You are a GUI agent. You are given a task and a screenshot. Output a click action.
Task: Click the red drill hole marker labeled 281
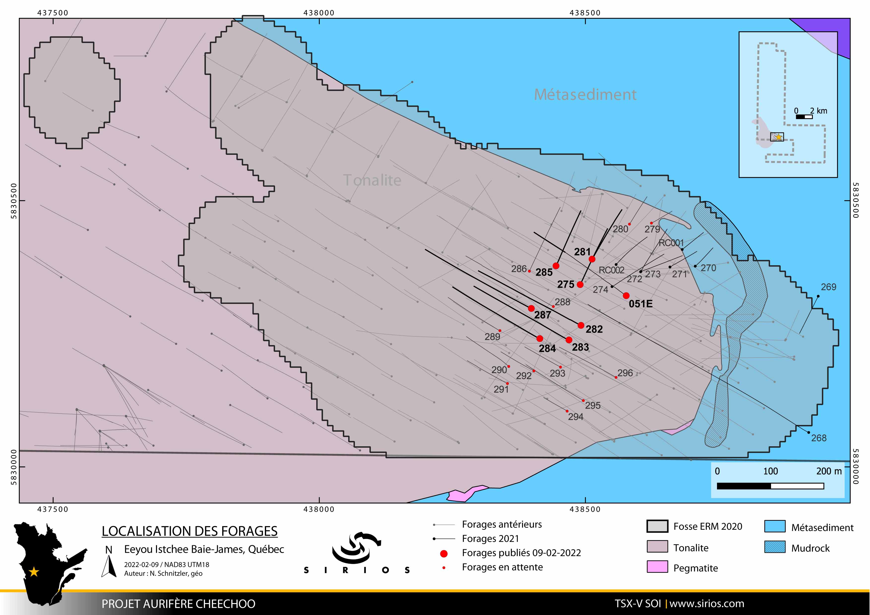coord(592,259)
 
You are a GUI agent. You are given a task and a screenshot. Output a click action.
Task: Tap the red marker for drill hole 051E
coord(626,295)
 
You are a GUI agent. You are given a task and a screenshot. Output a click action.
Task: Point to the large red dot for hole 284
coord(540,338)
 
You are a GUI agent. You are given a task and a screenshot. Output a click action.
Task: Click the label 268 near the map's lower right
coord(818,438)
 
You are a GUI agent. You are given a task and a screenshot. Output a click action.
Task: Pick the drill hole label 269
coord(828,287)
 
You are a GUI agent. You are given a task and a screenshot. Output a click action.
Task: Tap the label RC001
coord(671,243)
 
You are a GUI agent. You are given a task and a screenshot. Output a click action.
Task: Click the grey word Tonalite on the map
coord(372,180)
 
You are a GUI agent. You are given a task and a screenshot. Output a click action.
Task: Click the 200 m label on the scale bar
coord(829,471)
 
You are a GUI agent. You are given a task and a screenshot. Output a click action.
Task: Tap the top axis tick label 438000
coord(319,13)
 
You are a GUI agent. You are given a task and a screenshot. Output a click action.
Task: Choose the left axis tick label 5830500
coord(14,201)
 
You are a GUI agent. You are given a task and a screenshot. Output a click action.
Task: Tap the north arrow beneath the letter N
coord(109,566)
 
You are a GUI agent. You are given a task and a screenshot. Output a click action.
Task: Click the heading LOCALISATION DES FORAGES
coord(189,531)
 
